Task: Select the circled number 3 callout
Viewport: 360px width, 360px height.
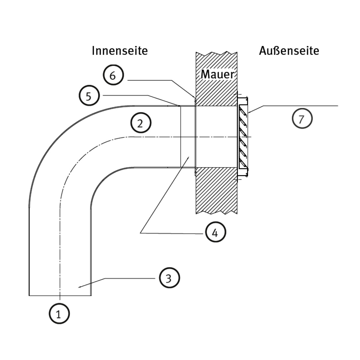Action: point(169,278)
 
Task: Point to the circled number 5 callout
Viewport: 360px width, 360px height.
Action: point(89,96)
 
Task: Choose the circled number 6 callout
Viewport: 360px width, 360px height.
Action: point(112,75)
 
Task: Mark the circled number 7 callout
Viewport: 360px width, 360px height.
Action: point(302,119)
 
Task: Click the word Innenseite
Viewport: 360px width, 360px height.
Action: point(120,51)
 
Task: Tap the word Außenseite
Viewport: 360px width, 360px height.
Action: point(289,51)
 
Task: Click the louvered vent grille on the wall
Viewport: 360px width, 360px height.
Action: point(243,136)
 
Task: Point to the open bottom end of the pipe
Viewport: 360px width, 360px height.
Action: point(60,295)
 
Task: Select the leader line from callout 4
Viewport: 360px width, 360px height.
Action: point(165,195)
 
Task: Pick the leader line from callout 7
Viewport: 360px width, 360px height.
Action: point(300,106)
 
